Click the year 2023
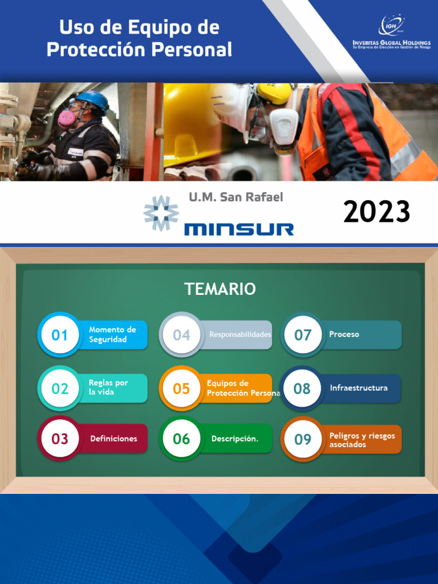coord(376,212)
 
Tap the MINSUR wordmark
coord(239,229)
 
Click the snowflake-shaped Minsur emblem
coord(160,213)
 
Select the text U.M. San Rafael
coord(236,197)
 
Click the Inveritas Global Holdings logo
coord(391,33)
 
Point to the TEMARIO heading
coord(220,289)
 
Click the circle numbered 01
coord(59,335)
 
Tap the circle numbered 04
coord(181,335)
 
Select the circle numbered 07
coord(302,335)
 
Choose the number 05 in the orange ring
coord(181,388)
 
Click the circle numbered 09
coord(303,439)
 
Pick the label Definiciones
coord(113,439)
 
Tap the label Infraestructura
coord(358,388)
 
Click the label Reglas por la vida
coord(108,387)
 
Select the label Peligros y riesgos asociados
coord(362,440)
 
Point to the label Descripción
coord(234,439)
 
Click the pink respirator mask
coord(67,118)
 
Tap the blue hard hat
coord(91,99)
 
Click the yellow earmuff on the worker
coord(274,93)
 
